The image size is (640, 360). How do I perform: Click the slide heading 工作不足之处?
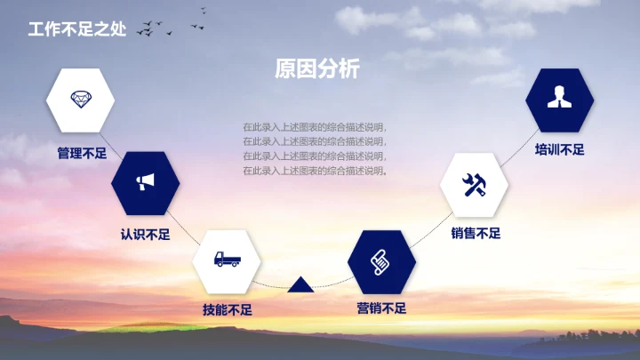pyautogui.click(x=77, y=28)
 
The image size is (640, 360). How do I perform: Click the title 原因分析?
pyautogui.click(x=317, y=68)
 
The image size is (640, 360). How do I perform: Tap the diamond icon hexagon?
pyautogui.click(x=81, y=99)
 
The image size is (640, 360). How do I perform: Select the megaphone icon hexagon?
pyautogui.click(x=146, y=183)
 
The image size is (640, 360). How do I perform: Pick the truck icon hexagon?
pyautogui.click(x=227, y=261)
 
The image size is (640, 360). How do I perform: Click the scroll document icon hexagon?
pyautogui.click(x=381, y=261)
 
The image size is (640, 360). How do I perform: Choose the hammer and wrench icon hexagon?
pyautogui.click(x=475, y=185)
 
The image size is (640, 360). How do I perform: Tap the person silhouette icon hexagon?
pyautogui.click(x=559, y=99)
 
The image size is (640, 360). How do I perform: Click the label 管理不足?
pyautogui.click(x=82, y=153)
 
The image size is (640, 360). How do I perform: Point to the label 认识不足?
pyautogui.click(x=145, y=236)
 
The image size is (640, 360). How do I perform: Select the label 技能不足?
pyautogui.click(x=228, y=310)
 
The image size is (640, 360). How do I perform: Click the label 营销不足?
pyautogui.click(x=381, y=308)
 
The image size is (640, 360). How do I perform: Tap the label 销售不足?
pyautogui.click(x=476, y=234)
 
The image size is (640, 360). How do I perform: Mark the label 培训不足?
pyautogui.click(x=559, y=149)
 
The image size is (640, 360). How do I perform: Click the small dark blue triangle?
pyautogui.click(x=300, y=284)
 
